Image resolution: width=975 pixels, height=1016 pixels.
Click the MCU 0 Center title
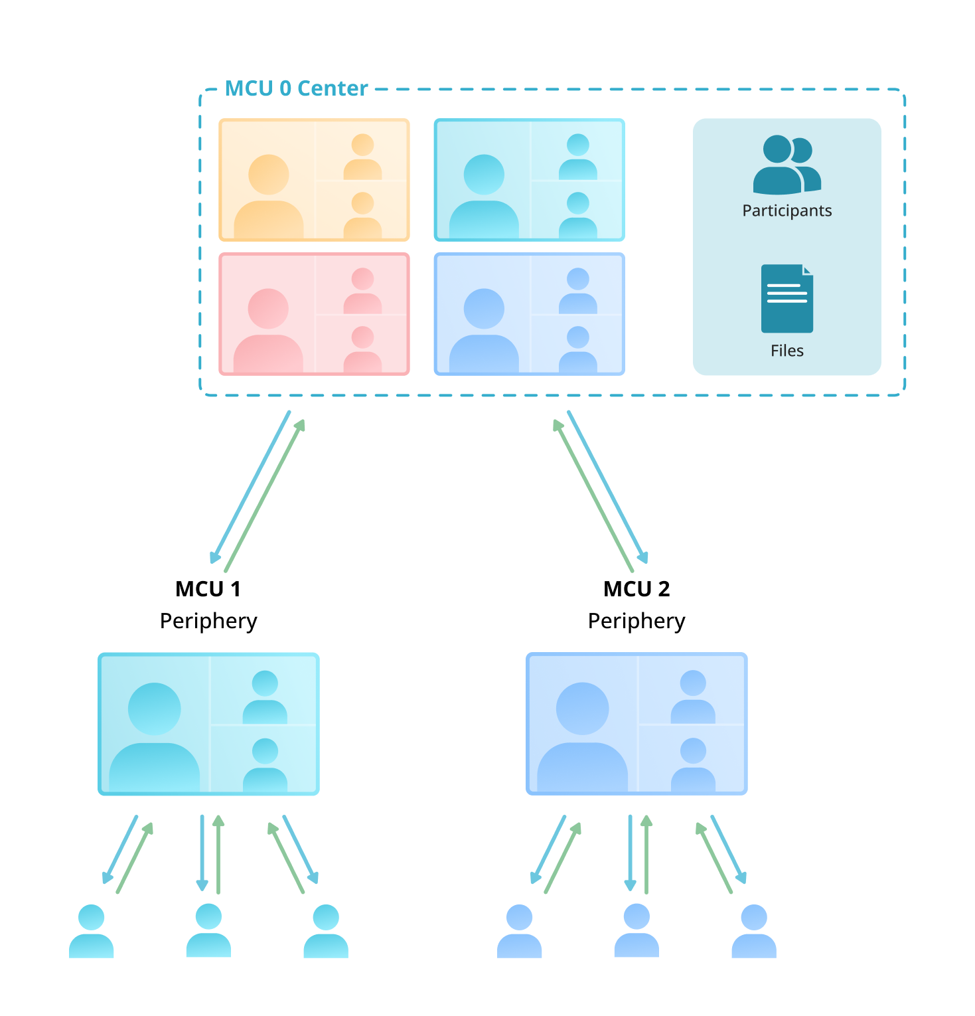(x=296, y=88)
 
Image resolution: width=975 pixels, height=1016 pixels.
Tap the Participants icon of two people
(x=787, y=165)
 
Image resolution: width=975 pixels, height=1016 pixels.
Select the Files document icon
(x=787, y=299)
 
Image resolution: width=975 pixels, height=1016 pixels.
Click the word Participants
(x=787, y=211)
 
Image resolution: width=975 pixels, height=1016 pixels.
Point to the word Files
(x=787, y=351)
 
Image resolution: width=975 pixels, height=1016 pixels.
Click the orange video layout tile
(x=314, y=180)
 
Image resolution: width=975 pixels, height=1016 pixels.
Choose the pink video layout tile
(x=314, y=314)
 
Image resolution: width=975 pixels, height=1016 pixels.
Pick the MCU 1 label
(x=208, y=589)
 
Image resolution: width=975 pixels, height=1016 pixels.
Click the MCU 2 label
(x=636, y=589)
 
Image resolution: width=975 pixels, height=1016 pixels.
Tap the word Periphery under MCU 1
(x=208, y=621)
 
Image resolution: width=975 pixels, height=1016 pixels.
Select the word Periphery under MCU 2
(x=636, y=621)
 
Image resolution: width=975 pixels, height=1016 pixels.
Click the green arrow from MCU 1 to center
(x=265, y=495)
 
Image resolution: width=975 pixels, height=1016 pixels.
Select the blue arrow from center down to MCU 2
(x=607, y=487)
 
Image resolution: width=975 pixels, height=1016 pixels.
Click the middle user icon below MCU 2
(x=637, y=930)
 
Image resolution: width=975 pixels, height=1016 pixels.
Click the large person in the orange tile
(x=269, y=196)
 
